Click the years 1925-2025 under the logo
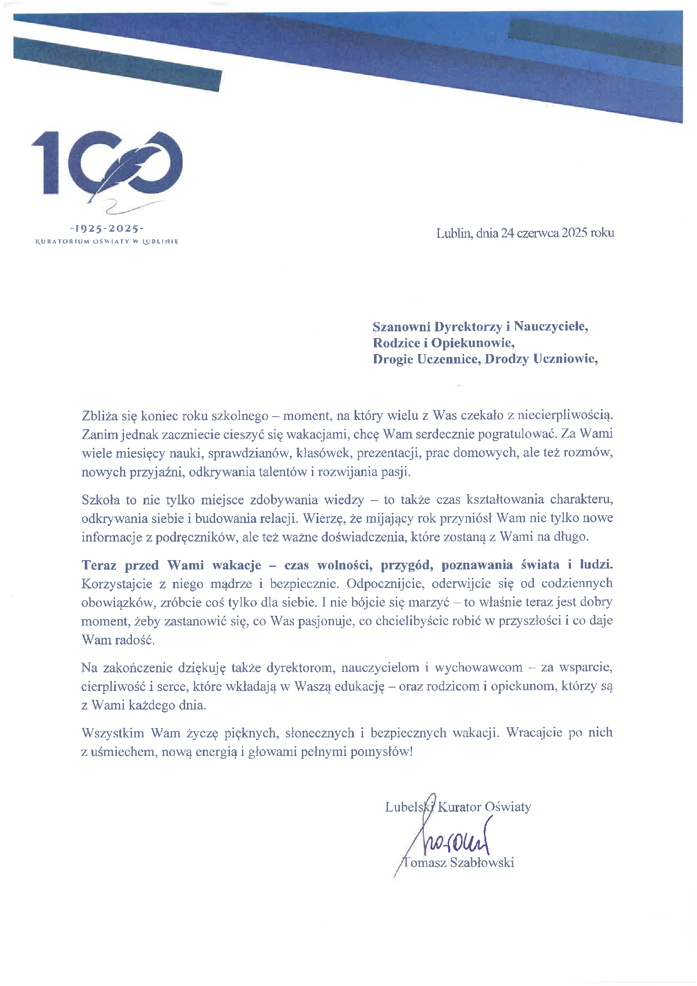[x=107, y=228]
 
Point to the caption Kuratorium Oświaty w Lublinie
[x=107, y=241]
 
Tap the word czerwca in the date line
[x=538, y=233]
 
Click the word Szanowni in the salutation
[x=401, y=327]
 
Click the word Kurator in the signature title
[x=459, y=807]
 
